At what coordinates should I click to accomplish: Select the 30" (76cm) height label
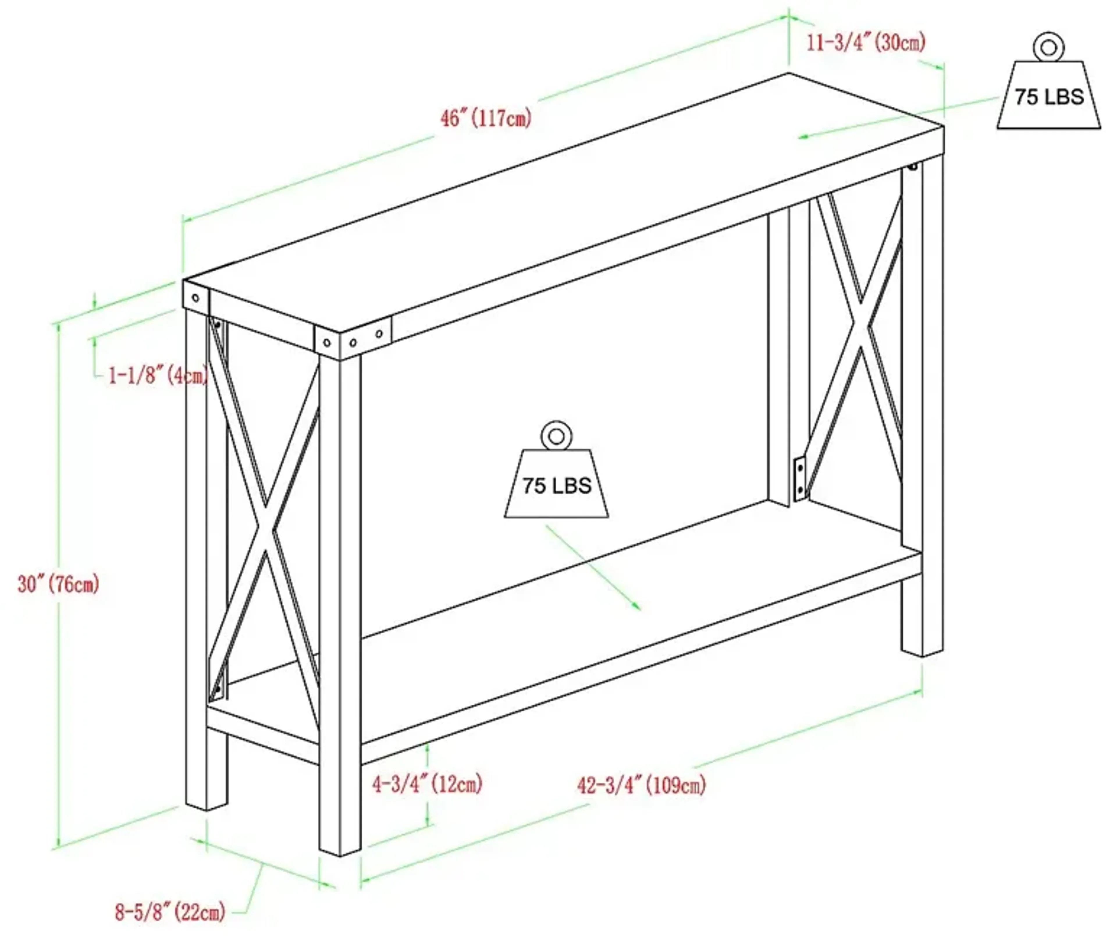click(58, 584)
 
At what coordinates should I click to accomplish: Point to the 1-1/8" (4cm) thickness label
click(158, 376)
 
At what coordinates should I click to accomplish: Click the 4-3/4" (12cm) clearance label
click(427, 784)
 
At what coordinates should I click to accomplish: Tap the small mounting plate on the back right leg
click(799, 479)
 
